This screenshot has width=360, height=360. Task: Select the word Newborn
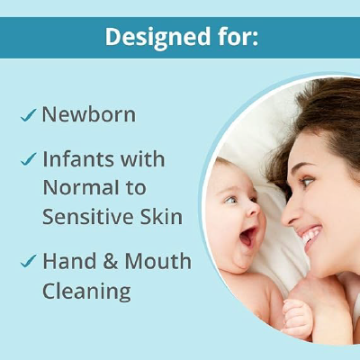pos(88,115)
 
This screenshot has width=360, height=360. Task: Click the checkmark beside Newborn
pos(28,116)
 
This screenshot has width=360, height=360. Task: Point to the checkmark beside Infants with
pos(28,160)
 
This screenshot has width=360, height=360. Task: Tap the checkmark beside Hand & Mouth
pos(28,262)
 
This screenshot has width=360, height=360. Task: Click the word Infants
pos(80,159)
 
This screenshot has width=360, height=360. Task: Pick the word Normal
pos(79,188)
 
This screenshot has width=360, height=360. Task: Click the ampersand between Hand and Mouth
pos(112,262)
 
